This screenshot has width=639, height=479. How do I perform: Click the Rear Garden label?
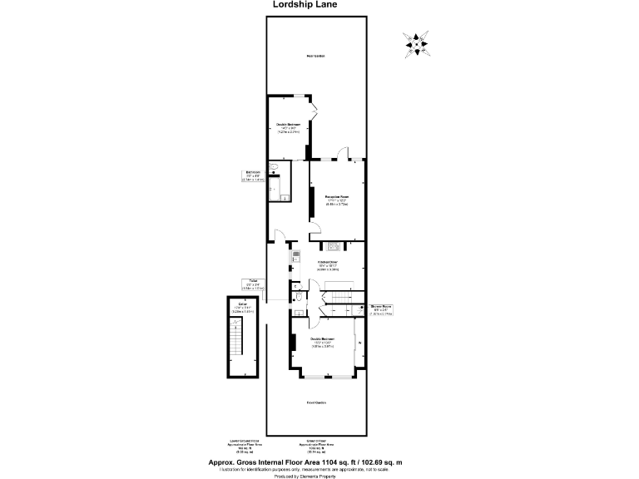pos(315,56)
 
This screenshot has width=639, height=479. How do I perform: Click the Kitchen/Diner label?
pos(327,264)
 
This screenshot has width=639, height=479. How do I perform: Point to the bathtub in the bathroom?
pos(284,183)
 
